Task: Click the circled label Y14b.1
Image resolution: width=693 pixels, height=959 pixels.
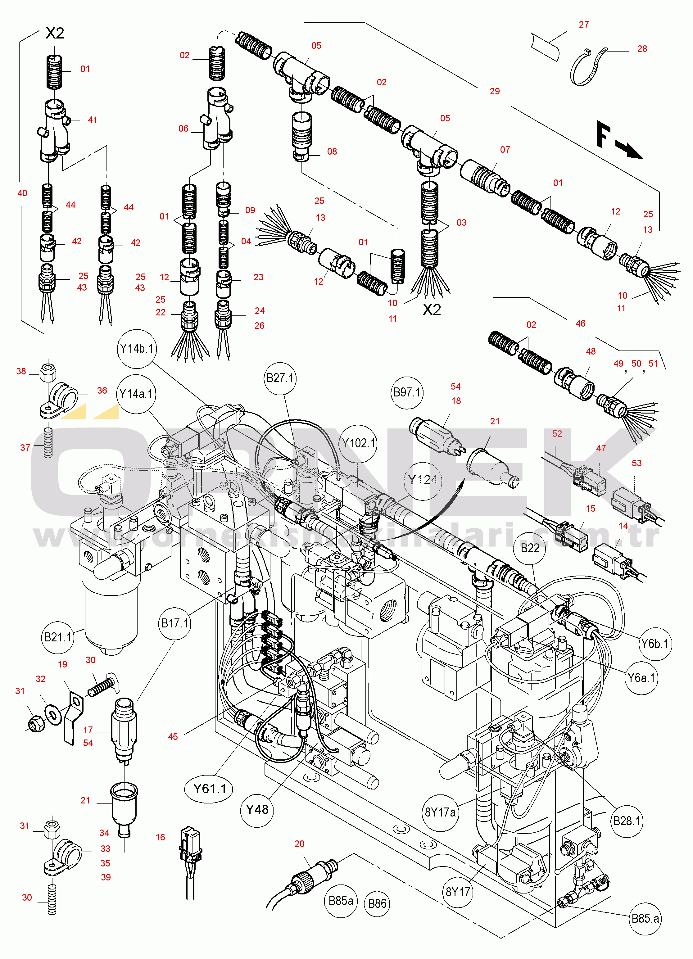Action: coord(137,349)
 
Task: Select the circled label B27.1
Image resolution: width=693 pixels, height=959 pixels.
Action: coord(280,378)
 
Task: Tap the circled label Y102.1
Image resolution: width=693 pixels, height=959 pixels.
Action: coord(359,443)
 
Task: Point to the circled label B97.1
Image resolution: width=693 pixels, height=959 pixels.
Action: coord(407,392)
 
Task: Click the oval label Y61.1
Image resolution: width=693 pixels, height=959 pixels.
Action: coord(209,789)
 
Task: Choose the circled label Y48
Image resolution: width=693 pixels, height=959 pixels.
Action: coord(257,809)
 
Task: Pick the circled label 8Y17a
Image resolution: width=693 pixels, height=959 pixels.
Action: coord(440,812)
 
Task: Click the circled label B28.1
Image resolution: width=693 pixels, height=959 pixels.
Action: coord(627,821)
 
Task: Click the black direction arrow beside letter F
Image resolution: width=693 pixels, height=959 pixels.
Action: coord(630,150)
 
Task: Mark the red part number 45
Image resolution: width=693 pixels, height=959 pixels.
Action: coord(173,737)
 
